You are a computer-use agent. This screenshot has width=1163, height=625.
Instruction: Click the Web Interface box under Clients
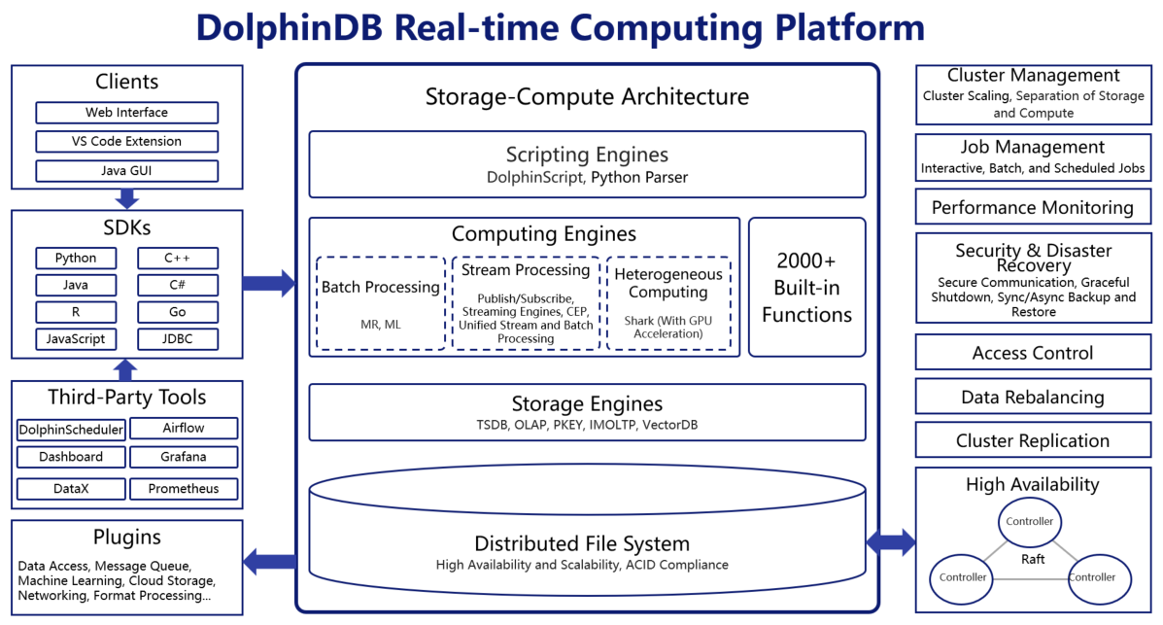[x=126, y=113]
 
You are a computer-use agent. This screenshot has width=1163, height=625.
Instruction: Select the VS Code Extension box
[x=126, y=142]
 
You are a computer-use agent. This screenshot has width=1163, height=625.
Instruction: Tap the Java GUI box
[x=126, y=172]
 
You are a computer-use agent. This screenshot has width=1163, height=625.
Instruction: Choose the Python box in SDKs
[x=76, y=259]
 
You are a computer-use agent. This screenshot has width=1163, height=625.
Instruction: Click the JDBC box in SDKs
[x=177, y=339]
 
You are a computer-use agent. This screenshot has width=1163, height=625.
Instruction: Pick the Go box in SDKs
[x=177, y=313]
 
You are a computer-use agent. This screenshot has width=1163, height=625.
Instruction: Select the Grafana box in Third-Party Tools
[x=184, y=457]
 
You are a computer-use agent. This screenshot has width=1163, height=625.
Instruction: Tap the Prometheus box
[x=184, y=489]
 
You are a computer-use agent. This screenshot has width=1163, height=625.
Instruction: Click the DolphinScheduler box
[x=71, y=430]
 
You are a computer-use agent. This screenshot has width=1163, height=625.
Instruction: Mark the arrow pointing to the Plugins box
[x=269, y=561]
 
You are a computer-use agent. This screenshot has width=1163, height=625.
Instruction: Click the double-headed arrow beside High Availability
[x=891, y=542]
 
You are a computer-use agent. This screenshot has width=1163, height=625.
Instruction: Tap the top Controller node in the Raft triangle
[x=1029, y=522]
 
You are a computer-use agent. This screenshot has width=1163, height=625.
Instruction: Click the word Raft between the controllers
[x=1033, y=560]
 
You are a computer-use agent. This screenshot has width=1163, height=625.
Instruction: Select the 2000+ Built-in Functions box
[x=806, y=288]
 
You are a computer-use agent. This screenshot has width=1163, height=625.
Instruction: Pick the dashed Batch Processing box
[x=381, y=303]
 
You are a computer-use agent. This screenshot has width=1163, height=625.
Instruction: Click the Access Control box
[x=1032, y=354]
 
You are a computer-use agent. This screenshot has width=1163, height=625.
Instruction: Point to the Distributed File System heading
[x=581, y=544]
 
